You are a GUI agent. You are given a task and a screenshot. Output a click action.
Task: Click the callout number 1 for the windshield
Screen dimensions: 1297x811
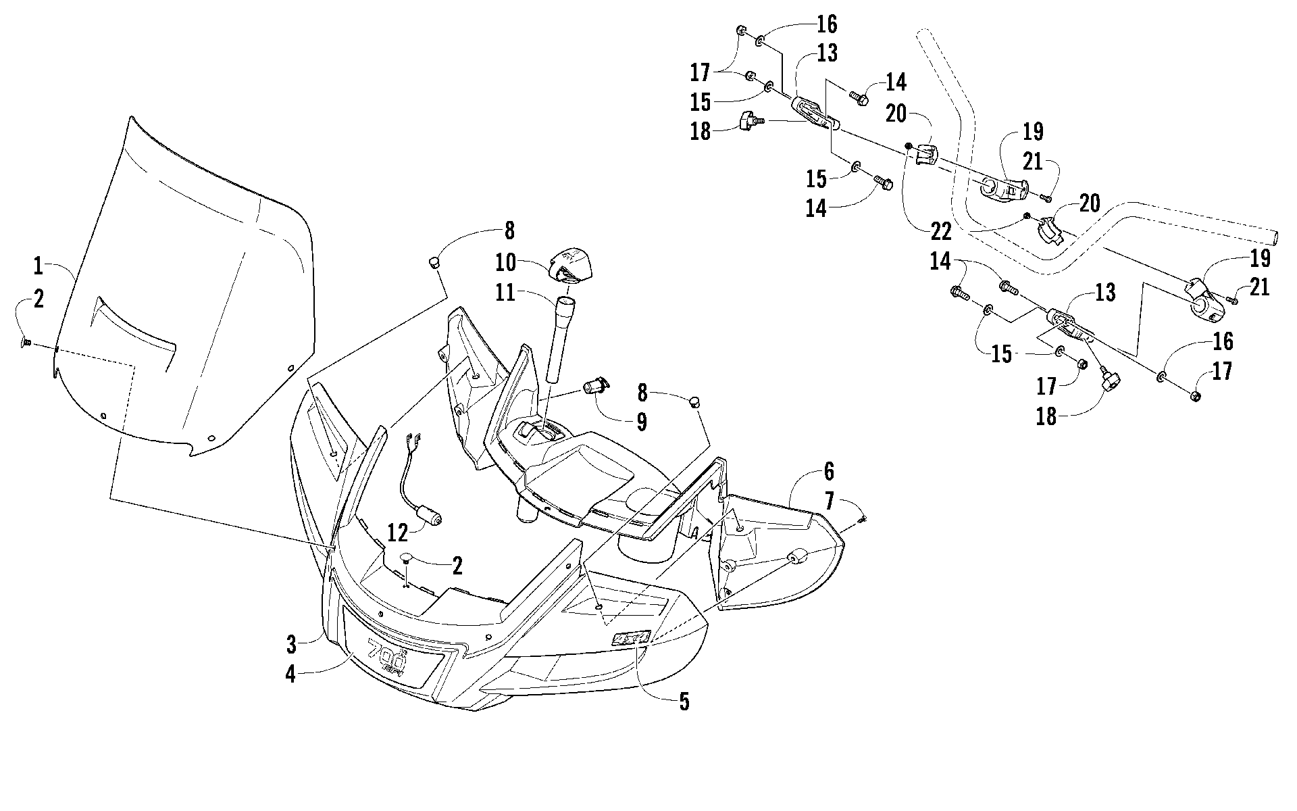38,266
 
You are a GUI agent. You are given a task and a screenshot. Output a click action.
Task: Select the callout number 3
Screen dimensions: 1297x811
291,645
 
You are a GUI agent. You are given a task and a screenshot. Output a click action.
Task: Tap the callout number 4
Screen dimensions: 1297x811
290,674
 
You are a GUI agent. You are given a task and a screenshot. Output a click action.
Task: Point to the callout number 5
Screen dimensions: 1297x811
684,702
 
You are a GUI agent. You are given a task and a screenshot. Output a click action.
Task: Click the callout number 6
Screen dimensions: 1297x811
829,472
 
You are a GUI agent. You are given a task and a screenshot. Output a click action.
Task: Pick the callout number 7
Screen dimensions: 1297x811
829,501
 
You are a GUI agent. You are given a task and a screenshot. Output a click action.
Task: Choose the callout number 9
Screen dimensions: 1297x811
641,422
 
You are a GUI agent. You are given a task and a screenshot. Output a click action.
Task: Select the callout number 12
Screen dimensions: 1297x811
398,533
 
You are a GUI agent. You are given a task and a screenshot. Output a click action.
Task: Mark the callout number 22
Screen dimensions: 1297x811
940,232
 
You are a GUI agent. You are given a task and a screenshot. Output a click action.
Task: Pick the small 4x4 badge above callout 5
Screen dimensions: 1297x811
631,637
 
